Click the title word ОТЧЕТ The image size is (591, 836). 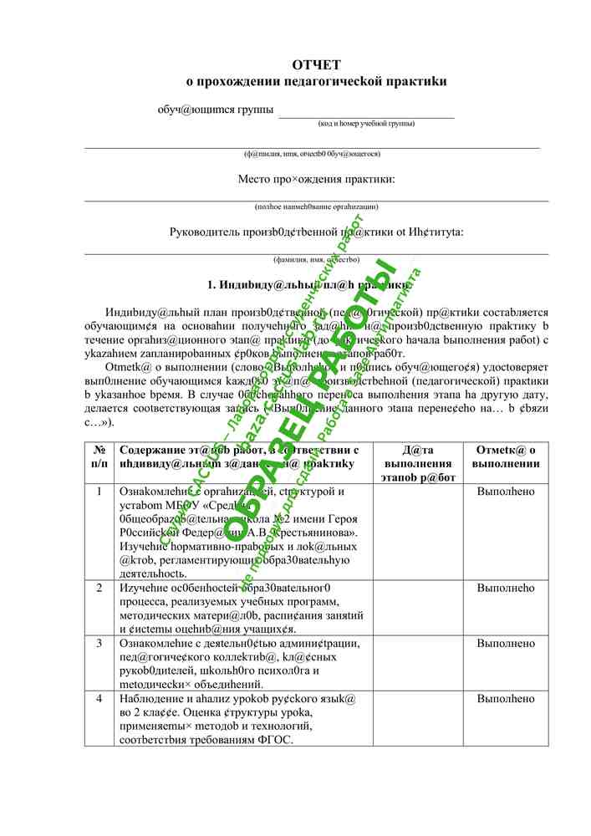pos(316,64)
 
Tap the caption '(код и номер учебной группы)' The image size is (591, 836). pos(366,124)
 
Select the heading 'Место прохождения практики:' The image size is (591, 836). pos(316,179)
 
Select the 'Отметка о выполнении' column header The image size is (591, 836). pos(505,456)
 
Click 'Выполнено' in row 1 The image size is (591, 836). pos(505,492)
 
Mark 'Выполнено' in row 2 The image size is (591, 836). pos(505,588)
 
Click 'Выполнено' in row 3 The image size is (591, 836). pos(505,643)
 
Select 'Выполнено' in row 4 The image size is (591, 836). pos(505,698)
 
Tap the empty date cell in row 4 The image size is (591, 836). pos(417,718)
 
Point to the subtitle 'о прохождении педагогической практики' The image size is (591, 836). pos(316,82)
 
